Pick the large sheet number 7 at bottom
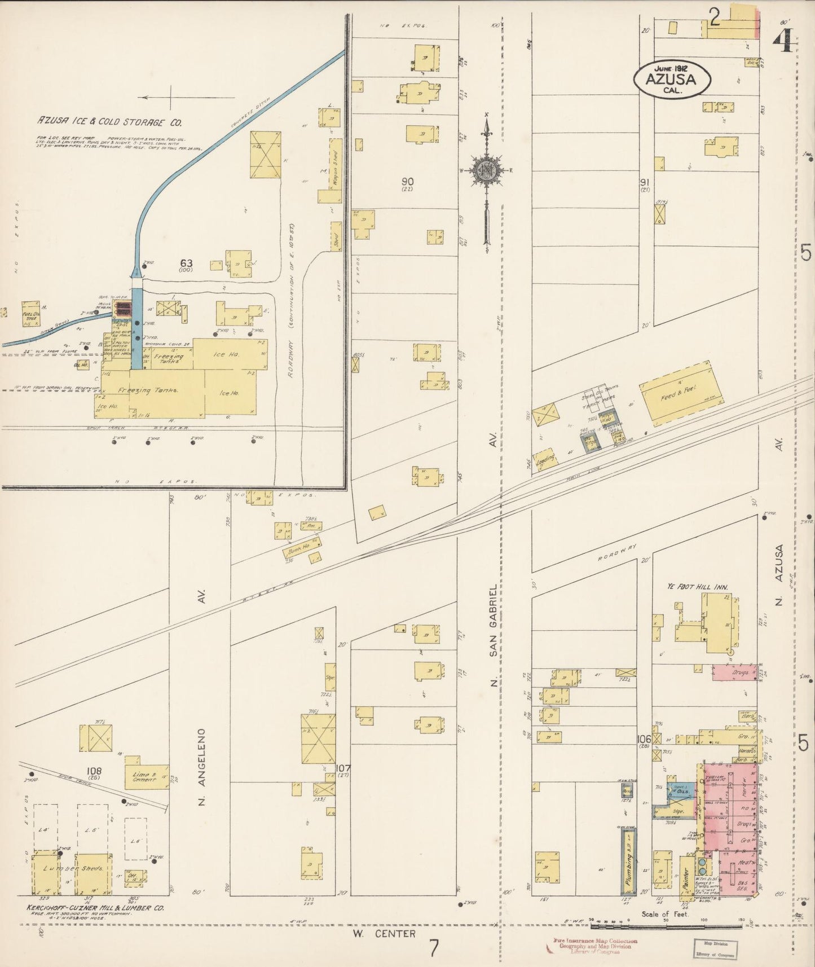pyautogui.click(x=433, y=948)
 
